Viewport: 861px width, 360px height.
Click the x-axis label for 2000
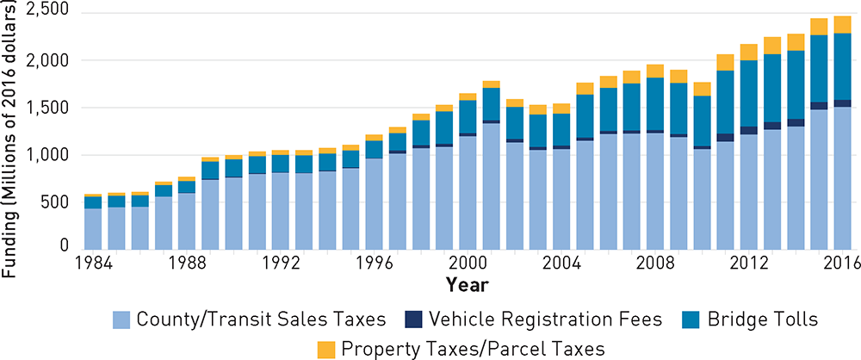point(468,264)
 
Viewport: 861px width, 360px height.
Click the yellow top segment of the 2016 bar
point(842,24)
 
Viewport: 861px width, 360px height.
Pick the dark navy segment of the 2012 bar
point(748,130)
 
